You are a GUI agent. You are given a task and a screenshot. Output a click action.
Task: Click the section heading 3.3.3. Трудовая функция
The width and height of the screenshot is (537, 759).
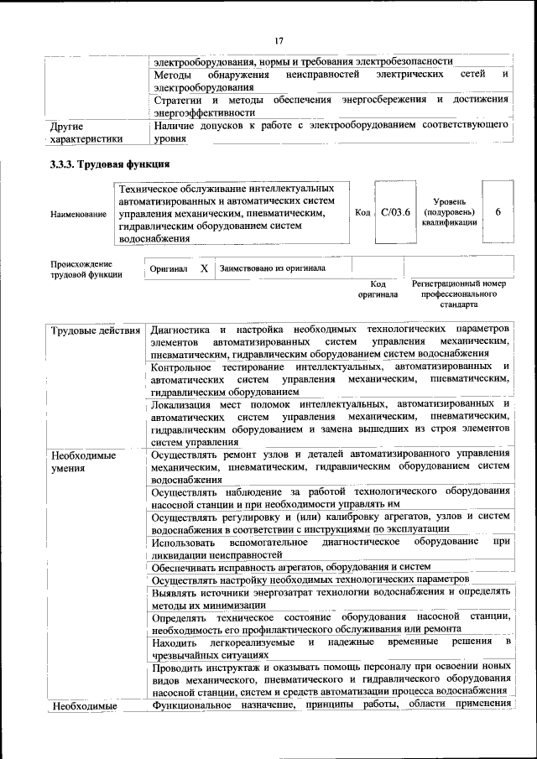[110, 164]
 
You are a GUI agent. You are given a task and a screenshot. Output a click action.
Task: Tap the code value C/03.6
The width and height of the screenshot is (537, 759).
[394, 213]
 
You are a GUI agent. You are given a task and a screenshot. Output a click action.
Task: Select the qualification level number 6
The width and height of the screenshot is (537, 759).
[498, 212]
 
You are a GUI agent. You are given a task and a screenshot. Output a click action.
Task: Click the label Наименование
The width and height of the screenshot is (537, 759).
[78, 214]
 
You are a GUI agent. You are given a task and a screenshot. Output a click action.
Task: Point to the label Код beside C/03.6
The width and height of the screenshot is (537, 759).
[362, 213]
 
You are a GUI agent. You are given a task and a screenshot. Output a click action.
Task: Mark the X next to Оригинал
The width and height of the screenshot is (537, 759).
[204, 269]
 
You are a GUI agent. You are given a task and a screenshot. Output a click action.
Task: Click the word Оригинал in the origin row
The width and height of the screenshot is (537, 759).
[169, 270]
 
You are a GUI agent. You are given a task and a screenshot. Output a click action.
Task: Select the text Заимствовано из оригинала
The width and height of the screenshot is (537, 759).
[273, 269]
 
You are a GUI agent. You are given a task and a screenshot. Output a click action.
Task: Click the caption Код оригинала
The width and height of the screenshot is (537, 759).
[378, 289]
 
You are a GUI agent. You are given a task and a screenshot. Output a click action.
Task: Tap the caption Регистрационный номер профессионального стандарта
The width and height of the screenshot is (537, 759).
[459, 294]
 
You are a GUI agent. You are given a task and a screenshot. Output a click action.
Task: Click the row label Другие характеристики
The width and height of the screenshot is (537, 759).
[87, 133]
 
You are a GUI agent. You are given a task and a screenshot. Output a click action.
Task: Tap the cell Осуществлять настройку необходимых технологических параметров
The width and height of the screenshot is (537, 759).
[310, 580]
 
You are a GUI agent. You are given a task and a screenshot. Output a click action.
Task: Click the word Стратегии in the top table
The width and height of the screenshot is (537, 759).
[178, 100]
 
